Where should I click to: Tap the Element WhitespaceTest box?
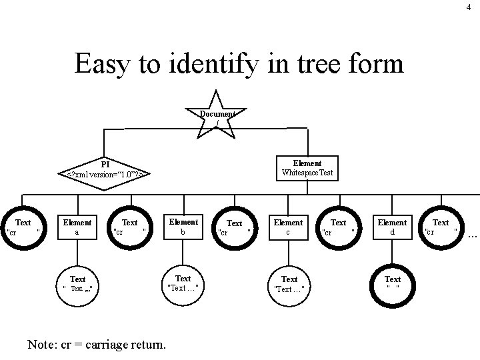307,168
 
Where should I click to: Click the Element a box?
77,227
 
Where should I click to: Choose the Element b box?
183,227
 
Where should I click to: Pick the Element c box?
289,227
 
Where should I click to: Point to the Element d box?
392,227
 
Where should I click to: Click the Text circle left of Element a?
23,227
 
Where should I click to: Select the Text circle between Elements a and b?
130,227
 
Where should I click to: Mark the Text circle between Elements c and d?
339,227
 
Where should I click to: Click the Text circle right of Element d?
441,227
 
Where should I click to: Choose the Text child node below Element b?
183,283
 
